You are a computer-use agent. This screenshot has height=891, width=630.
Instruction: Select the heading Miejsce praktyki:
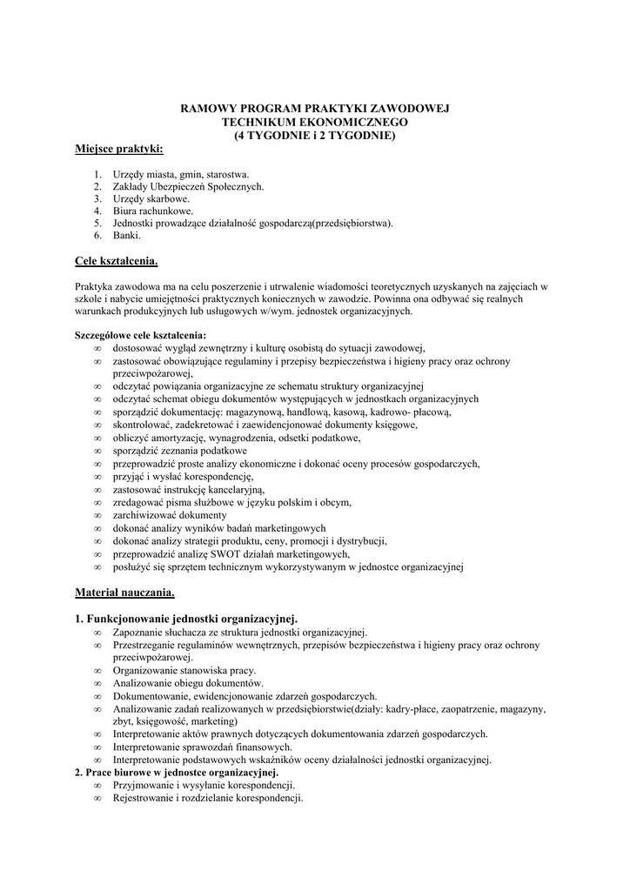[119, 150]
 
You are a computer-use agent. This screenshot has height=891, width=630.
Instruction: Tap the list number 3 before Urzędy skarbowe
[98, 198]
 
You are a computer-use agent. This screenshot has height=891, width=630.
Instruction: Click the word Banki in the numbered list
[126, 235]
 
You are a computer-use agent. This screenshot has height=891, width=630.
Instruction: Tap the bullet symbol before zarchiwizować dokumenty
[97, 515]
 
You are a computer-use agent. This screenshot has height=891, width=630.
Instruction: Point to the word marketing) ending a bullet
[212, 721]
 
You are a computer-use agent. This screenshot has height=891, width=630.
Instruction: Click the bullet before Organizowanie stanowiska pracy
[97, 671]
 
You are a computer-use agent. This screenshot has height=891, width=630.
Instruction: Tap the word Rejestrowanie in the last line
[143, 798]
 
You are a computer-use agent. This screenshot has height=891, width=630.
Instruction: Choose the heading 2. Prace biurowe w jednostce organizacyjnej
[177, 773]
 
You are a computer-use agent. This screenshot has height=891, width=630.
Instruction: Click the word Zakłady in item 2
[131, 186]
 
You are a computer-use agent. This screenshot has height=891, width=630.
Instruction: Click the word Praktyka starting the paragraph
[94, 285]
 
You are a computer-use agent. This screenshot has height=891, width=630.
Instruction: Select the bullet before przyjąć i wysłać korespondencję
[97, 477]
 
